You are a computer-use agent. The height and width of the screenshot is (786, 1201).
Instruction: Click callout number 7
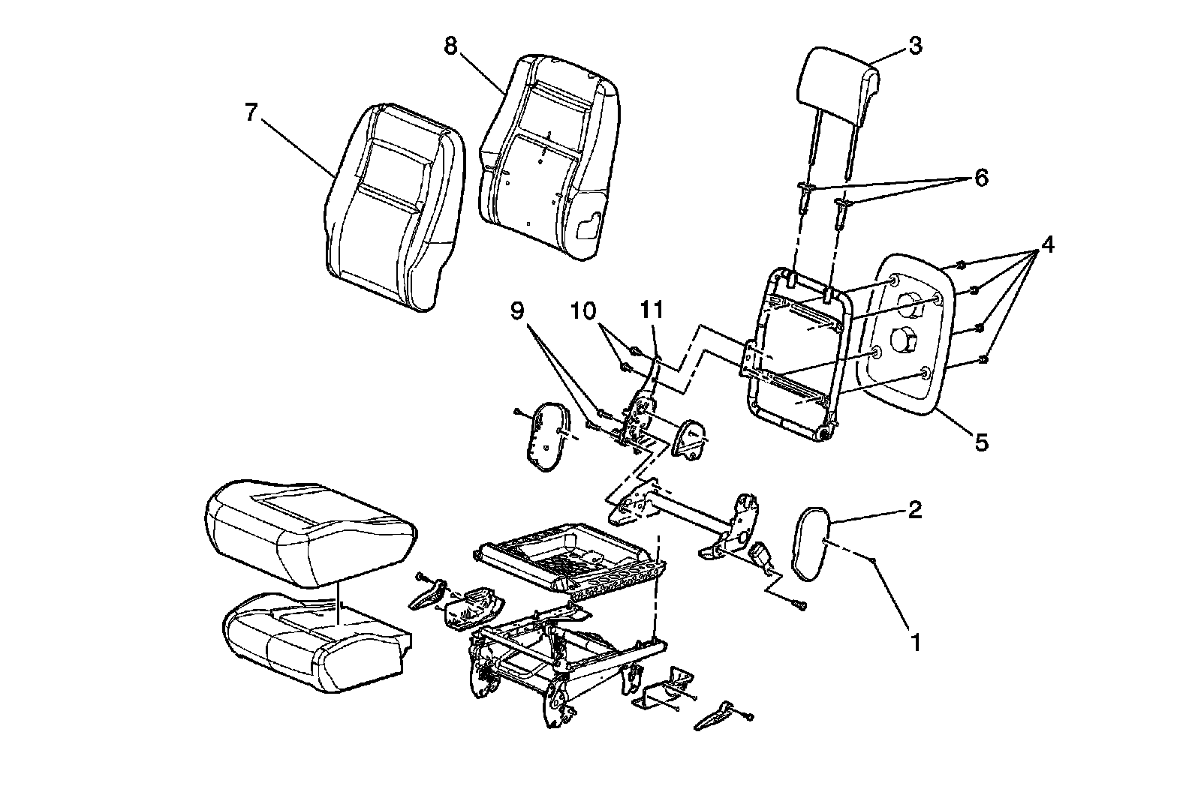coord(251,113)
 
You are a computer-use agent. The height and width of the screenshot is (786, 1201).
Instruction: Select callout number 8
coord(450,46)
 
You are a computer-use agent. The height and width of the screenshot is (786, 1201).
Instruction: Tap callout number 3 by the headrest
coord(914,46)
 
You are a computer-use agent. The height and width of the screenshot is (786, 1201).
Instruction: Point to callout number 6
coord(980,178)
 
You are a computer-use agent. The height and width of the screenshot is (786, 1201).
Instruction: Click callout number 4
coord(1046,245)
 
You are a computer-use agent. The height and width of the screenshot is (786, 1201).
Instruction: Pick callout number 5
coord(981,442)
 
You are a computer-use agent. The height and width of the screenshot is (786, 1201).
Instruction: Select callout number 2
coord(914,510)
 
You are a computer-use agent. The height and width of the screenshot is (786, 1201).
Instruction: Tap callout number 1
coord(914,642)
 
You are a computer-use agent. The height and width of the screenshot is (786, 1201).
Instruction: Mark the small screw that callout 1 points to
coord(874,560)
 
